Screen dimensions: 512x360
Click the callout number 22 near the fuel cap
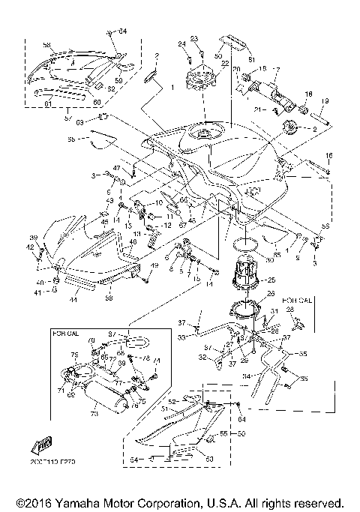pyautogui.click(x=223, y=65)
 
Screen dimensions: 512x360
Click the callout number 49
pyautogui.click(x=154, y=266)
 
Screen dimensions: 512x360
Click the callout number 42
pyautogui.click(x=31, y=247)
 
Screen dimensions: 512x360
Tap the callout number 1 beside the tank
pyautogui.click(x=171, y=88)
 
